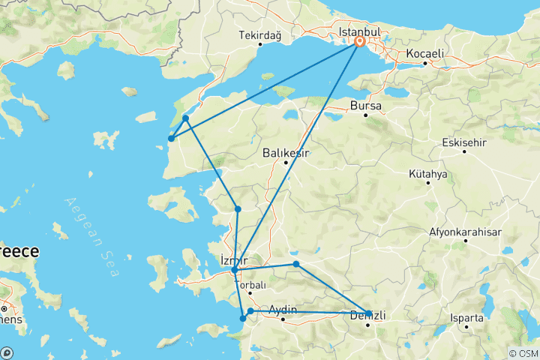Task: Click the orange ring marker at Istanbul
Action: pyautogui.click(x=360, y=42)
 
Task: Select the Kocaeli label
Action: pyautogui.click(x=425, y=54)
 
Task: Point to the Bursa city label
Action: pyautogui.click(x=366, y=106)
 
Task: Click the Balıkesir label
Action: pyautogui.click(x=286, y=153)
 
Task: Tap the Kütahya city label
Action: pyautogui.click(x=428, y=174)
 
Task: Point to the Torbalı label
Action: pyautogui.click(x=252, y=285)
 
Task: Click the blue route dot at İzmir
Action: pyautogui.click(x=235, y=270)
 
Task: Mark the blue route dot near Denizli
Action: pyautogui.click(x=368, y=313)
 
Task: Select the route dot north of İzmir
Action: pyautogui.click(x=238, y=209)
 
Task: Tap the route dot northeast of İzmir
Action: pyautogui.click(x=296, y=264)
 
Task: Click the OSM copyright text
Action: pyautogui.click(x=522, y=353)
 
